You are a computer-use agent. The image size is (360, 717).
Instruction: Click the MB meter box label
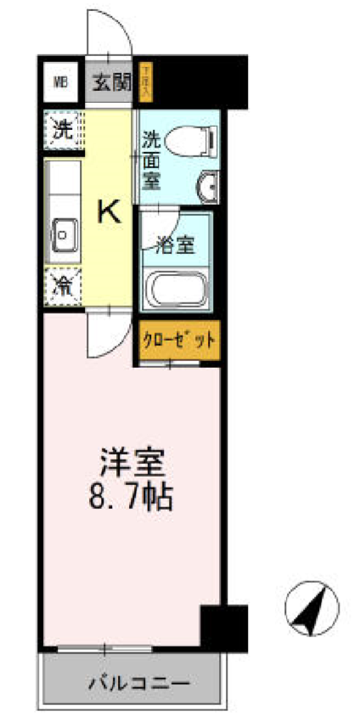[x=61, y=82]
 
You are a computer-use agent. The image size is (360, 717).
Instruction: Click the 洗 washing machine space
[x=63, y=130]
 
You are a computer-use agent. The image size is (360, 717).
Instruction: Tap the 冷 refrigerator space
[x=63, y=285]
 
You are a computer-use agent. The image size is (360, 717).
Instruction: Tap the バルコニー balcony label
[x=135, y=681]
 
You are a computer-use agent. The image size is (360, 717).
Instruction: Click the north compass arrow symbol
[x=310, y=609]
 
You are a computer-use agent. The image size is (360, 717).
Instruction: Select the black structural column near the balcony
[x=223, y=627]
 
